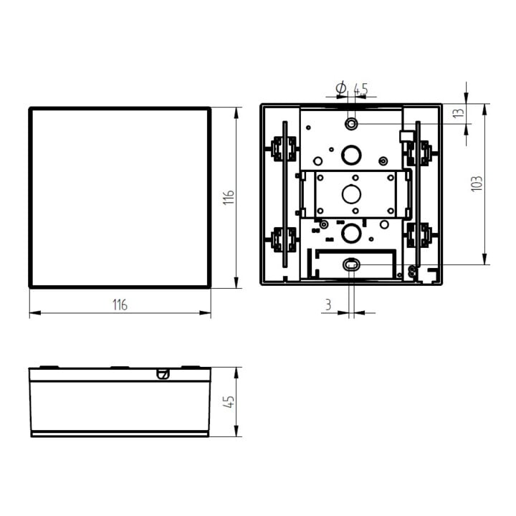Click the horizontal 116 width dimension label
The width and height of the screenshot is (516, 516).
click(120, 305)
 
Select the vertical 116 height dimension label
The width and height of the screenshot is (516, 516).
click(229, 198)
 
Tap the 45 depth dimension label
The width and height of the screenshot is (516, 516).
click(229, 401)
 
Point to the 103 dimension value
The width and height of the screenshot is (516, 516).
click(477, 184)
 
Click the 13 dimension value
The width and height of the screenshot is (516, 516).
click(459, 113)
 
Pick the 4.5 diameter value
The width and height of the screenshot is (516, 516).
click(360, 89)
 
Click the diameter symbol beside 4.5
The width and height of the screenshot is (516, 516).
click(341, 88)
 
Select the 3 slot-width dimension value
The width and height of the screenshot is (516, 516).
click(328, 305)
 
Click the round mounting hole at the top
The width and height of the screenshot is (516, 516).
click(351, 124)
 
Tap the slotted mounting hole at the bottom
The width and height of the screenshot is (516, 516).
click(351, 264)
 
